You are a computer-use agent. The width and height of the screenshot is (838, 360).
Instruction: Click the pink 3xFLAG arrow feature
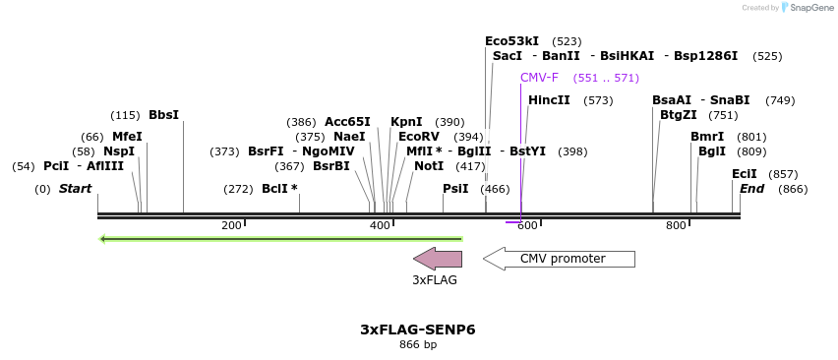[438, 259]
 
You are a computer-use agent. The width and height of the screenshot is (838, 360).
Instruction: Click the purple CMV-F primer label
[539, 78]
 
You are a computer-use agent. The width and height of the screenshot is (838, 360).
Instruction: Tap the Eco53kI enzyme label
[511, 41]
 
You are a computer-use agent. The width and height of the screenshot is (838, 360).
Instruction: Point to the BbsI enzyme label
[163, 115]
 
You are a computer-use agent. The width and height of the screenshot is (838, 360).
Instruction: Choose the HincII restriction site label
[549, 100]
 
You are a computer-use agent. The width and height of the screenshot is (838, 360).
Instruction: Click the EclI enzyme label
[745, 174]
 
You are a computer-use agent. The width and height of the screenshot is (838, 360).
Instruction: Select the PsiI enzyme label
[455, 189]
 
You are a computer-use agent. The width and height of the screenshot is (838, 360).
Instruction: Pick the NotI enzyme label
[429, 166]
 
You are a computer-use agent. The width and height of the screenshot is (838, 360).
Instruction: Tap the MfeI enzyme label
[127, 137]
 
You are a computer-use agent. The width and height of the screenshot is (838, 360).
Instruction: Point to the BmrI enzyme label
[707, 137]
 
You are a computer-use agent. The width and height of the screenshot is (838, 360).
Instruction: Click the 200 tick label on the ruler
[231, 226]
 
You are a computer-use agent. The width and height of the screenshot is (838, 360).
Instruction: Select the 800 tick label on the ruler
[676, 226]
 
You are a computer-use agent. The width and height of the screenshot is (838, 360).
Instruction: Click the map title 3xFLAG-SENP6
[418, 330]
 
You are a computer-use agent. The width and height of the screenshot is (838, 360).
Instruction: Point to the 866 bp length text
[418, 345]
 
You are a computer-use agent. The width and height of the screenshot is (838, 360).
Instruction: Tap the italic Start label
[75, 189]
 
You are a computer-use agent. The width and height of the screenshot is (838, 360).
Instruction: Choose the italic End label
[751, 189]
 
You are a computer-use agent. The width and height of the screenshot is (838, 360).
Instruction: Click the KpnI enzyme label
[406, 122]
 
